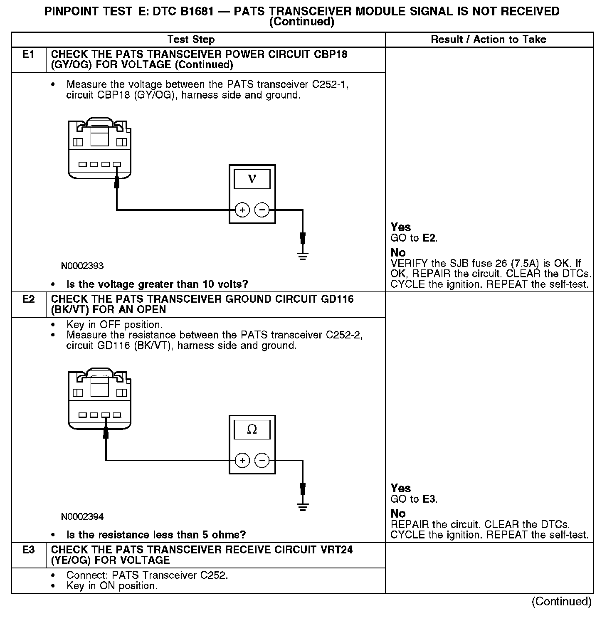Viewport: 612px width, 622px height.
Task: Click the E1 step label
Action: click(28, 54)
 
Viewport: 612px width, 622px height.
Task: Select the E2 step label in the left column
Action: click(28, 299)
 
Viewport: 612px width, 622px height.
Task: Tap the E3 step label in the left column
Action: click(28, 550)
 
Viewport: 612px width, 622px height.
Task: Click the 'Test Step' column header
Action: click(191, 39)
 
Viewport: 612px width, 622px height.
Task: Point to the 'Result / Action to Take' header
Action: click(489, 39)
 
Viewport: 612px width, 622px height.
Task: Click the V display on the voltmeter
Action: click(252, 179)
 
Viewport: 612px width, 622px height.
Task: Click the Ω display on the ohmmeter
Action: click(252, 429)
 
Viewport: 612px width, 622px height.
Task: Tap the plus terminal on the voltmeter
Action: click(242, 210)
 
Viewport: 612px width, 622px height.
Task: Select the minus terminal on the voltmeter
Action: click(262, 210)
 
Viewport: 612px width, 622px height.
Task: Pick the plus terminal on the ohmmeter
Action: click(242, 461)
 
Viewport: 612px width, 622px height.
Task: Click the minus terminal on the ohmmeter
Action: click(262, 461)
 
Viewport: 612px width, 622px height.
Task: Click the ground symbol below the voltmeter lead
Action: click(303, 256)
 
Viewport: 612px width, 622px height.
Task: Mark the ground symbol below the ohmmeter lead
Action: click(303, 506)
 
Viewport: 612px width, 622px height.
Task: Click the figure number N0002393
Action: click(82, 266)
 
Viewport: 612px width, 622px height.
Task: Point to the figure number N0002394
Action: click(82, 517)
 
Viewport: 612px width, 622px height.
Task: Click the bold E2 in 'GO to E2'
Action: click(429, 238)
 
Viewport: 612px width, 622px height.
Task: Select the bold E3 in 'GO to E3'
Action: click(429, 499)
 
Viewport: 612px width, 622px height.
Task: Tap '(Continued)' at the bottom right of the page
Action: click(561, 602)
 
